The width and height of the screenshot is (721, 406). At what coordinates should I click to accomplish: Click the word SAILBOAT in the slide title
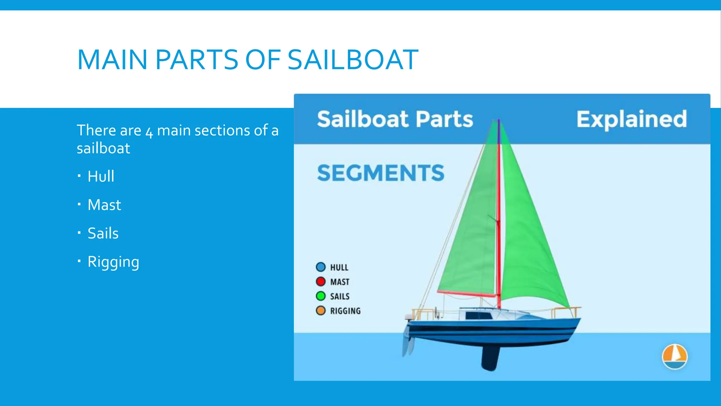353,60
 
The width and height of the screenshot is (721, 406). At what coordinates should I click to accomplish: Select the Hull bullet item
101,176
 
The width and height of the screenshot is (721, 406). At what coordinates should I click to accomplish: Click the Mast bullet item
104,205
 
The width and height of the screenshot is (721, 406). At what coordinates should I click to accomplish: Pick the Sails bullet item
103,233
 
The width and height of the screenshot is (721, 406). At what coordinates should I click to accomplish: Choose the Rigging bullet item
113,262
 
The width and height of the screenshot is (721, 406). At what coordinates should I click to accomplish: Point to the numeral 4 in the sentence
149,131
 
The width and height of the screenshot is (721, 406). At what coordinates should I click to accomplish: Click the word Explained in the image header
632,119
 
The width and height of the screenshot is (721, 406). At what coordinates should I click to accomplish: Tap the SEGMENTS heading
381,173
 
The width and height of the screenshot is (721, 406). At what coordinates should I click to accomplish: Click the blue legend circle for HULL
321,267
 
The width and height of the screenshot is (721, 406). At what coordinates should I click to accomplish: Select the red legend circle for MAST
321,282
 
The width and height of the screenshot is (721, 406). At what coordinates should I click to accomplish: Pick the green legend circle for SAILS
321,296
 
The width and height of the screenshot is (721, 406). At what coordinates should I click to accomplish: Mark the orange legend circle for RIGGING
321,310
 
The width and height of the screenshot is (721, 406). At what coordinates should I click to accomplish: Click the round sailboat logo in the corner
675,356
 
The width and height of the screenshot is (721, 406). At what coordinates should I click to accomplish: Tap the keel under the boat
490,358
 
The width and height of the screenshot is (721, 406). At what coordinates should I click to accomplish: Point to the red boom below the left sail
466,294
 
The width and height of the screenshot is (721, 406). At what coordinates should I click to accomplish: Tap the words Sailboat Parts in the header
395,119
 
